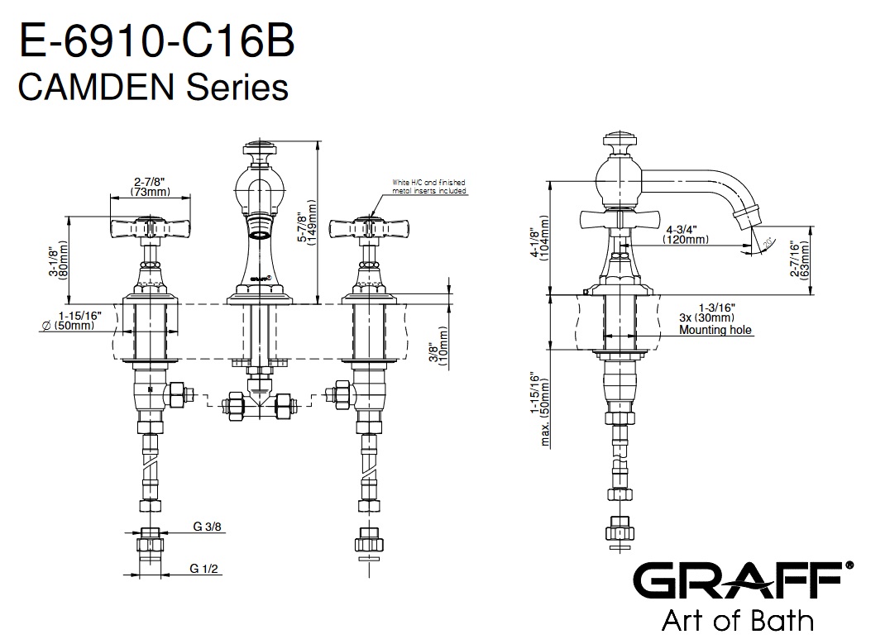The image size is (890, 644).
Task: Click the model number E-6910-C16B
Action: click(156, 41)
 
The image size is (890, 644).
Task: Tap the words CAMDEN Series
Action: click(153, 86)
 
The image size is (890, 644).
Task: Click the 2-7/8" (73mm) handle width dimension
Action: click(151, 187)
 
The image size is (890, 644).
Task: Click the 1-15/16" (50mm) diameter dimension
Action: click(79, 320)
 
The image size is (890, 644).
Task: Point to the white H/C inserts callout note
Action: click(429, 186)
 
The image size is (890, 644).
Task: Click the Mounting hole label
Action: click(715, 330)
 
